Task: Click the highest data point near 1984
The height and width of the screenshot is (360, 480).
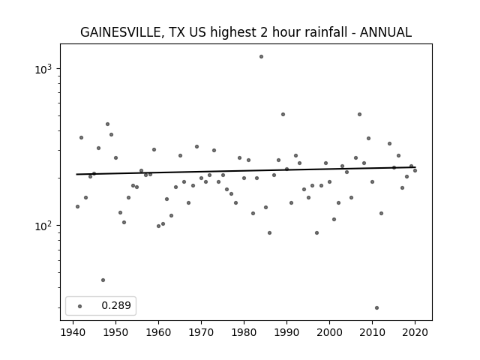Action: coord(261,57)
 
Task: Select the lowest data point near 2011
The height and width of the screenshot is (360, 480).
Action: coord(376,308)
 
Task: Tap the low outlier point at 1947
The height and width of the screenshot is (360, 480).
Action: coord(103,280)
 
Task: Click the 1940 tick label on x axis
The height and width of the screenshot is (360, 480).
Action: coord(73,332)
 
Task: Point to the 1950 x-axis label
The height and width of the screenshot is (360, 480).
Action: coord(115,332)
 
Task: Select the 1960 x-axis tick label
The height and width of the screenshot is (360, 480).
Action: coord(158,332)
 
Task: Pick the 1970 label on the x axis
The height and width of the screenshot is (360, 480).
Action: coord(201,332)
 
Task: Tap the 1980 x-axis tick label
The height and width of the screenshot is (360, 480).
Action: coord(244,332)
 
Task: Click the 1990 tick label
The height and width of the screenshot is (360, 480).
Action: coord(286,332)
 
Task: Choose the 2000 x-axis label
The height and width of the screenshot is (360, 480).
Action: coord(330,332)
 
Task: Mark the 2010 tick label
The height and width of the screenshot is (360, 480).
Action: coord(372,332)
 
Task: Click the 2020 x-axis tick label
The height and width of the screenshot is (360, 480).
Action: coord(415,332)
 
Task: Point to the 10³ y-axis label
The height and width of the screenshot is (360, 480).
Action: coord(43,69)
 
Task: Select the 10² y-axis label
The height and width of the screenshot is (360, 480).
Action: coord(43,226)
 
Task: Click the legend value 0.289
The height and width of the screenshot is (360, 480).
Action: coord(116,305)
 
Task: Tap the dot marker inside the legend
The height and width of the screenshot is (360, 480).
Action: coord(80,306)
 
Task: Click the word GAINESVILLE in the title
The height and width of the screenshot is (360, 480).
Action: coord(121,32)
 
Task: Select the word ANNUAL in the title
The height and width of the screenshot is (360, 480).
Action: coord(385,32)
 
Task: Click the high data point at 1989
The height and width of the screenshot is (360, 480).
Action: coord(283,115)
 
